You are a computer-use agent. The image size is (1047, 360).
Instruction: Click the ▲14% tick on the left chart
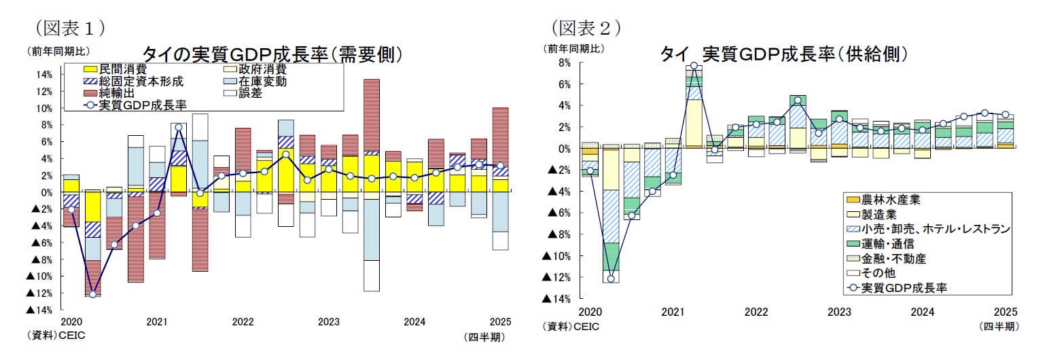tap(39, 310)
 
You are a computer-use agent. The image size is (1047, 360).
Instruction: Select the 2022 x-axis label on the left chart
tap(243, 322)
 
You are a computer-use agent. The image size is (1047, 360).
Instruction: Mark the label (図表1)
tap(69, 27)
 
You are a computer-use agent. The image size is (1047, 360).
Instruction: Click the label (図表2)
tap(586, 27)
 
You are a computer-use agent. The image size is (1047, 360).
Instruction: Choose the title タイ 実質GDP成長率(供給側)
tap(784, 54)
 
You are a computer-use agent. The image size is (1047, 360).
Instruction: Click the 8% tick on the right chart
tap(564, 62)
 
